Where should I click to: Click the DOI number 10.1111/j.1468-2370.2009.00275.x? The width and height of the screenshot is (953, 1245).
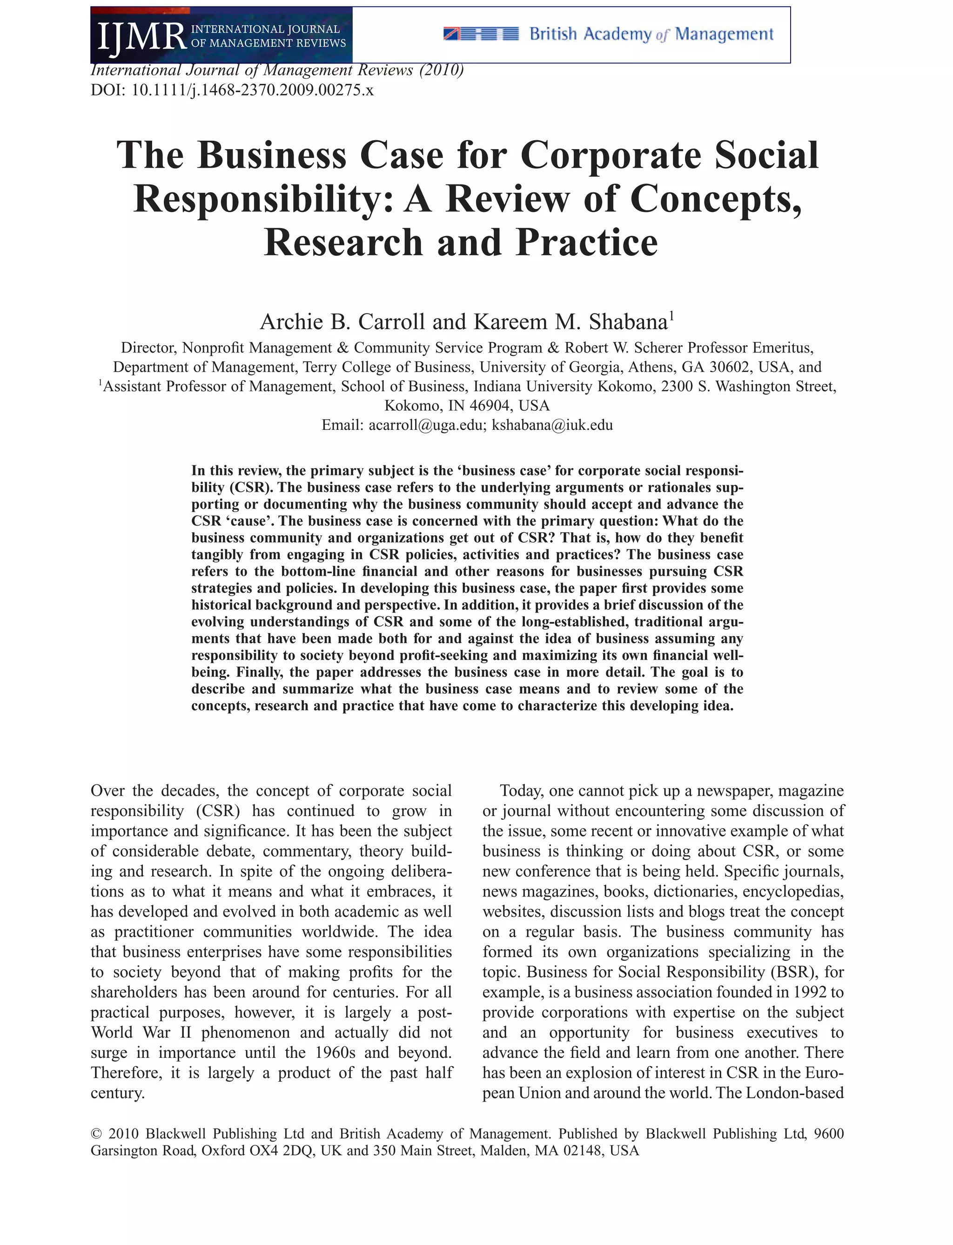pyautogui.click(x=252, y=90)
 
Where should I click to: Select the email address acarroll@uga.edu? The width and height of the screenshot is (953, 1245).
pyautogui.click(x=425, y=425)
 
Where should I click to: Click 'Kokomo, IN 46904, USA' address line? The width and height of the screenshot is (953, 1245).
pyautogui.click(x=467, y=405)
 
